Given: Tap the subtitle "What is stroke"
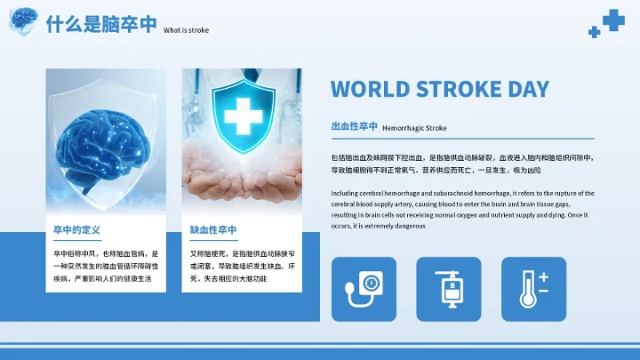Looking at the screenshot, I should (x=187, y=29).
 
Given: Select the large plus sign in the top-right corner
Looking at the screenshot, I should (x=613, y=20).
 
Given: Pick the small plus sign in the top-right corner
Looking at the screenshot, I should (x=594, y=32).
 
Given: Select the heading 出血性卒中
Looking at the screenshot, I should (x=354, y=127).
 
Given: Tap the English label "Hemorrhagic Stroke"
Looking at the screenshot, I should (x=414, y=128).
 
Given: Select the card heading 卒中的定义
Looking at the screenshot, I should (x=76, y=230).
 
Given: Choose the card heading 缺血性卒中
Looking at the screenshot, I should (x=213, y=230).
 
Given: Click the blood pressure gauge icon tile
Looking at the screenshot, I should (x=364, y=289).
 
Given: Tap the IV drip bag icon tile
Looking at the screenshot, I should (x=449, y=289).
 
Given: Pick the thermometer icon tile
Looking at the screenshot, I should (x=533, y=289).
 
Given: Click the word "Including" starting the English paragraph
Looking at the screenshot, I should (x=347, y=193).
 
